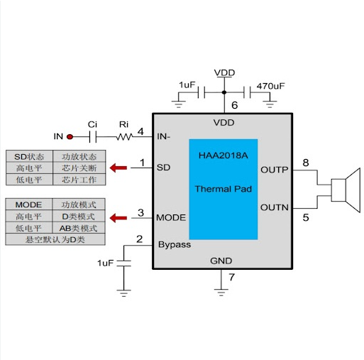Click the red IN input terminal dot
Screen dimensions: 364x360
[70, 136]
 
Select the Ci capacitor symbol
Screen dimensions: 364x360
[93, 137]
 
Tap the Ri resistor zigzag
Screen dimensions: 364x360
[124, 137]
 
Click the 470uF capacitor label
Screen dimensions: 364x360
[271, 86]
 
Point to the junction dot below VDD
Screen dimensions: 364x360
[224, 92]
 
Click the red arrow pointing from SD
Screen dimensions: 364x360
[118, 168]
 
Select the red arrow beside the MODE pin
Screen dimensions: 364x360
[118, 218]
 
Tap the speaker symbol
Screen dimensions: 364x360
[346, 190]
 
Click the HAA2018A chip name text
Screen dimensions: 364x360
[224, 156]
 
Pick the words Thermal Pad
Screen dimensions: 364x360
[224, 189]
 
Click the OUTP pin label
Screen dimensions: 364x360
[275, 170]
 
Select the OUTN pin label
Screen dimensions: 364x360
[275, 207]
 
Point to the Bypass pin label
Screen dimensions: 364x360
[175, 245]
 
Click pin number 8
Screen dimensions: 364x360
[306, 163]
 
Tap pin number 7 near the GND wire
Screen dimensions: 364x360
[231, 277]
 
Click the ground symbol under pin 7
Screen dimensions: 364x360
[221, 293]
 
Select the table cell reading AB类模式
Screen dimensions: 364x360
[79, 228]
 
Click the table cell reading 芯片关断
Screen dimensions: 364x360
[79, 168]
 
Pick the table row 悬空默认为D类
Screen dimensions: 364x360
[55, 239]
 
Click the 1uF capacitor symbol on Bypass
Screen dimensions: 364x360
[123, 263]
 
